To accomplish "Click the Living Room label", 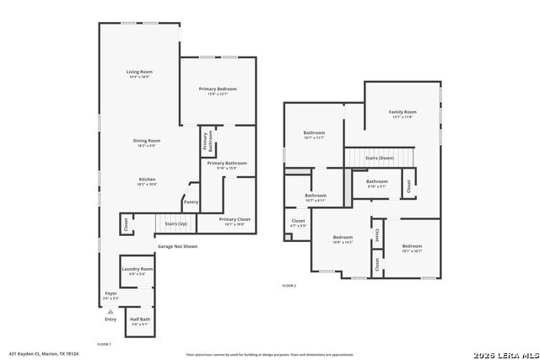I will point(138,72).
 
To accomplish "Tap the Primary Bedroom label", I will point(218,89).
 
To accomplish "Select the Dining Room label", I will point(146,141).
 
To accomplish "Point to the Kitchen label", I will point(147,179).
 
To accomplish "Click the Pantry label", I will point(191,201).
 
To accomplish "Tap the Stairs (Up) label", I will point(175,223).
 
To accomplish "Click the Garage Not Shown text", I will point(177,246).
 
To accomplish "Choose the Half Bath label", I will point(140,320).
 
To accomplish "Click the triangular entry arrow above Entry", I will point(110,311).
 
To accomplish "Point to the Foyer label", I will point(111,293).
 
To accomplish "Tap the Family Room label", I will point(402,112).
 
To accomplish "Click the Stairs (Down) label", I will point(379,158).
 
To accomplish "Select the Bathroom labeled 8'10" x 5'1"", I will point(376,181).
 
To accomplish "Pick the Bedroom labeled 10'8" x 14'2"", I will point(343,238).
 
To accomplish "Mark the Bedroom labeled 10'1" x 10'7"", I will point(412,246).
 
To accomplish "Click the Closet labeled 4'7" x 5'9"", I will point(298,223).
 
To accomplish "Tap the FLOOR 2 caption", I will point(289,287).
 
